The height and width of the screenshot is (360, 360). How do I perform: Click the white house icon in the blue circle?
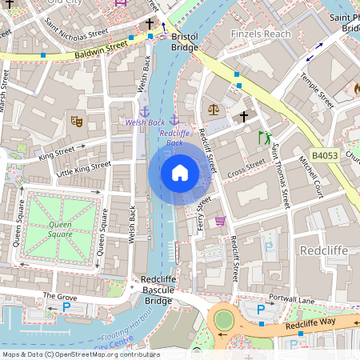click(x=180, y=173)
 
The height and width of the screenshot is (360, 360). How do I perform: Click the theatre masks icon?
click(x=77, y=122)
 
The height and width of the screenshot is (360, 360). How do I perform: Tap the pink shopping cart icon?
click(x=220, y=221)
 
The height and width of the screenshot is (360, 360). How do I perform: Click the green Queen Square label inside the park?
click(x=61, y=230)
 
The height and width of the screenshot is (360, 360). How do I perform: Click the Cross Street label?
click(x=246, y=168)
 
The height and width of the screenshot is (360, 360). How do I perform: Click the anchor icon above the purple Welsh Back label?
click(x=145, y=111)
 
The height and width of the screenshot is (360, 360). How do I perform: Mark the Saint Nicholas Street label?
click(x=76, y=34)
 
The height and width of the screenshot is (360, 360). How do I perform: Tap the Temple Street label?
click(x=316, y=90)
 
